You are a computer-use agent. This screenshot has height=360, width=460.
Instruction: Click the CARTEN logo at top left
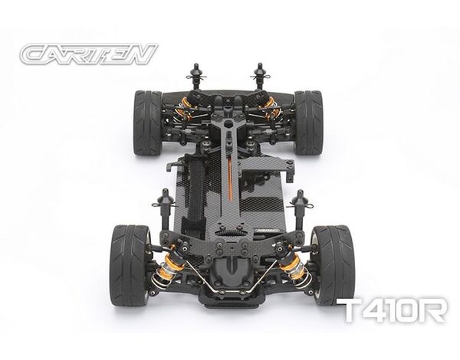pyautogui.click(x=89, y=54)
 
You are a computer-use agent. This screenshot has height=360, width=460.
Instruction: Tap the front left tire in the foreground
pyautogui.click(x=130, y=265)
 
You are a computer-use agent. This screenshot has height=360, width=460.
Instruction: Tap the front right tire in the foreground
pyautogui.click(x=333, y=265)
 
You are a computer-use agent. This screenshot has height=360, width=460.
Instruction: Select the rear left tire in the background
pyautogui.click(x=148, y=123)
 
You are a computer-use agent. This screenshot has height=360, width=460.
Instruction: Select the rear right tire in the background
pyautogui.click(x=309, y=123)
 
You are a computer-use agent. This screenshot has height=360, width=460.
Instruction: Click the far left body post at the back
pyautogui.click(x=196, y=77)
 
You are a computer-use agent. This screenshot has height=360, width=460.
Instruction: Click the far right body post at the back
pyautogui.click(x=259, y=77)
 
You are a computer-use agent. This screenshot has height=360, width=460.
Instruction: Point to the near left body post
pyautogui.click(x=165, y=210)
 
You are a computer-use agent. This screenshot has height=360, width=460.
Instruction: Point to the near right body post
pyautogui.click(x=301, y=211)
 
